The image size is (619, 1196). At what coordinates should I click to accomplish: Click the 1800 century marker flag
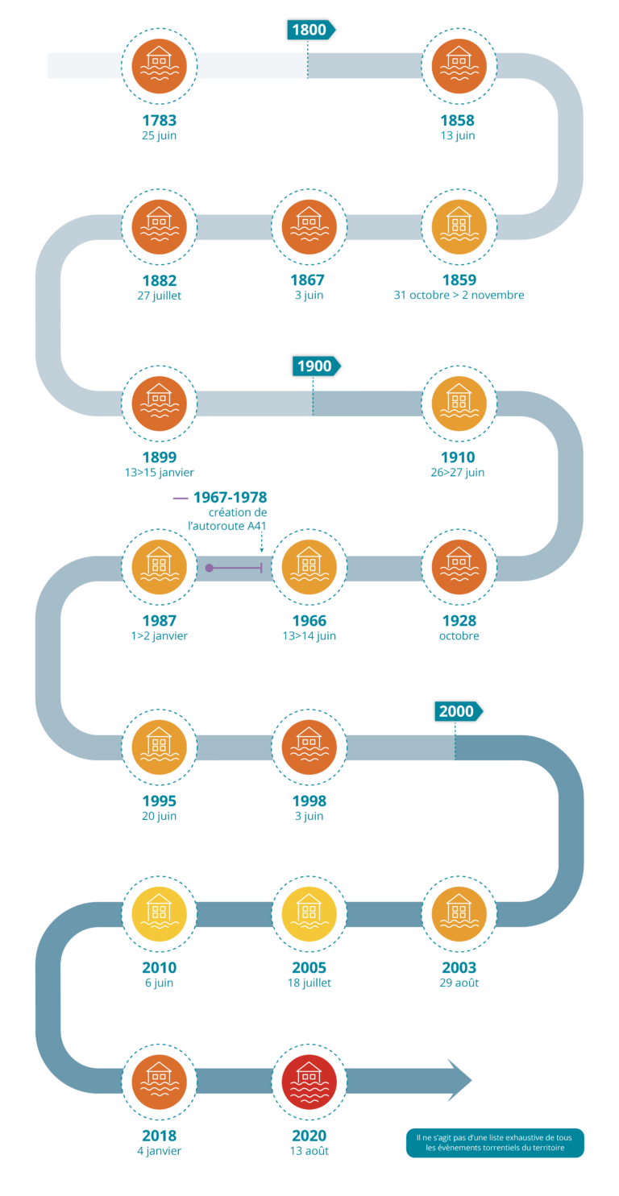click(x=310, y=30)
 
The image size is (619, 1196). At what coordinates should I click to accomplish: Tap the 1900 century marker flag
click(x=316, y=366)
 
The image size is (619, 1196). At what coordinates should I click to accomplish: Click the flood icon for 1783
click(x=159, y=65)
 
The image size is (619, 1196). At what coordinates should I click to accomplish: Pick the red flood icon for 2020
click(x=309, y=1082)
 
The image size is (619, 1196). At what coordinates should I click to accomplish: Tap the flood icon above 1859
click(x=459, y=227)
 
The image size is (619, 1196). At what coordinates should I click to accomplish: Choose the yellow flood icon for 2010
click(x=159, y=914)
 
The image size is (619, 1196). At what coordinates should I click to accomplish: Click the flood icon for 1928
click(x=459, y=567)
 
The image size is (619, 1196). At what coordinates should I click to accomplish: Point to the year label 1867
click(x=308, y=280)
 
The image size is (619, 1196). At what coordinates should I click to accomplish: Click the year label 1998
click(x=309, y=801)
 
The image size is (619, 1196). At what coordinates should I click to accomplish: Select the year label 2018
click(x=159, y=1136)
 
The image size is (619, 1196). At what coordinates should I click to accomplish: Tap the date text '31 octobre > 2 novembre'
click(x=459, y=296)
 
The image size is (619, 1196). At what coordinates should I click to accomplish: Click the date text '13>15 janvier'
click(x=159, y=473)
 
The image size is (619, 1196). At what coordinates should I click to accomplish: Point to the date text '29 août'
click(x=459, y=983)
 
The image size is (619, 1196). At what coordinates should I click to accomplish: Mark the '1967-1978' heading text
click(x=230, y=498)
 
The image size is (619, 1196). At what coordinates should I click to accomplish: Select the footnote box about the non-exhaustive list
click(x=495, y=1142)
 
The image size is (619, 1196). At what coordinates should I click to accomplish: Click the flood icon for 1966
click(x=309, y=567)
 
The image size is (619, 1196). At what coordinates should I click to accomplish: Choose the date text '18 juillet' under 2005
click(x=309, y=983)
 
